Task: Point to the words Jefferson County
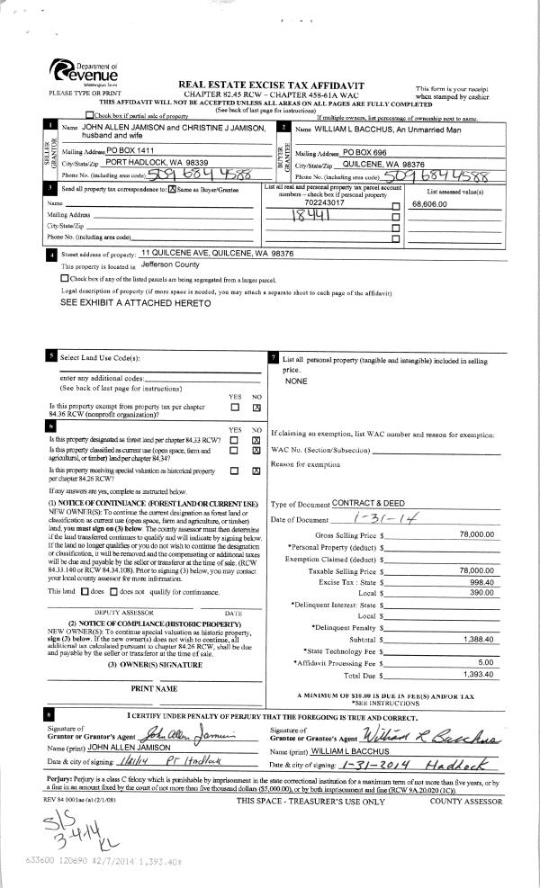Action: tap(175, 266)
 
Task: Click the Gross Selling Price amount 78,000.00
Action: tap(477, 534)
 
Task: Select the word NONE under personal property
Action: tap(296, 381)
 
